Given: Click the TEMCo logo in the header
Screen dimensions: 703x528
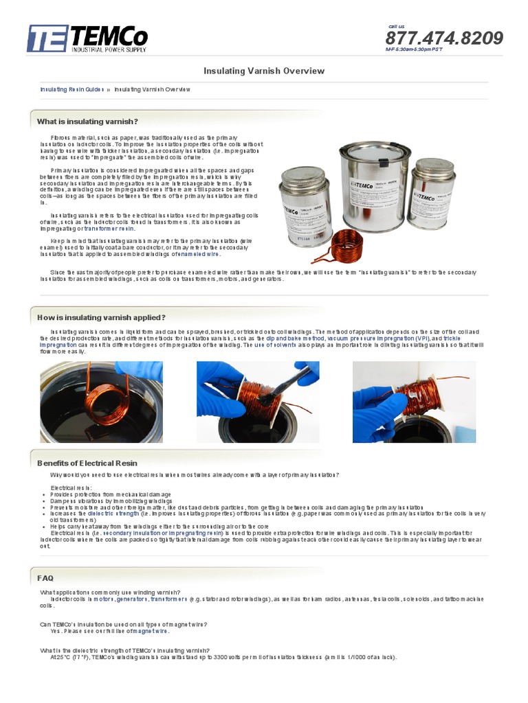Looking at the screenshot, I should tap(87, 38).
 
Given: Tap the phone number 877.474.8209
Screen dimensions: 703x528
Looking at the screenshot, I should tap(443, 38).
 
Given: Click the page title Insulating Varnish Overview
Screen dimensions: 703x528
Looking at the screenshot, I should tap(264, 71).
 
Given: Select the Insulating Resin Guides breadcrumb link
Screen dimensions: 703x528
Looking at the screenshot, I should tap(71, 89).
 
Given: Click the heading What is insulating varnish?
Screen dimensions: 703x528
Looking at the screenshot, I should tap(87, 122).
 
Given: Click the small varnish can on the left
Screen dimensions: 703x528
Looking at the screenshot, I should tap(305, 206).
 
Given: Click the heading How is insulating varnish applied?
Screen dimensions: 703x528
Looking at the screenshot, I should tap(101, 317).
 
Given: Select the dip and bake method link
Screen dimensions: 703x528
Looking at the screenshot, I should tap(296, 339).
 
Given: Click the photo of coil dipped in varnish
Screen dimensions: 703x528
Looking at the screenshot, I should tap(102, 402).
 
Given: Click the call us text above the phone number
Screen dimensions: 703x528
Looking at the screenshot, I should tap(397, 26).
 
